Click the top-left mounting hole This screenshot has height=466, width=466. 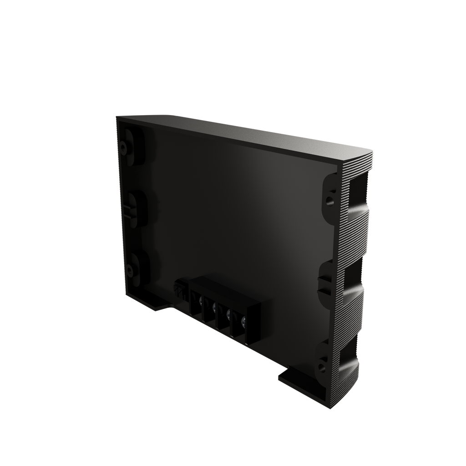click(x=123, y=147)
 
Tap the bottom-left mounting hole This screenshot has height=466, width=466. click(x=130, y=272)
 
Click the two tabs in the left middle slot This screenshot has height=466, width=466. click(x=128, y=210)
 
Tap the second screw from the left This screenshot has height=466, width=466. click(x=215, y=307)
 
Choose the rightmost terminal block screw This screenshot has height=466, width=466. click(x=243, y=323)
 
